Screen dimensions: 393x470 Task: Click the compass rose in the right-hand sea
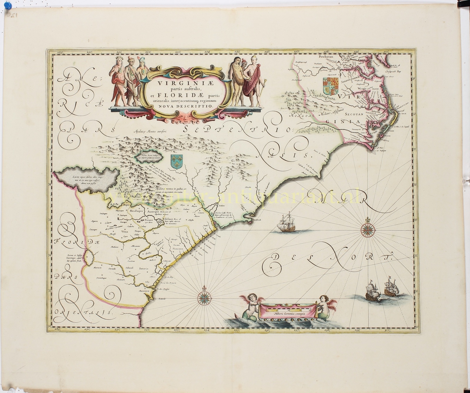click(x=367, y=229)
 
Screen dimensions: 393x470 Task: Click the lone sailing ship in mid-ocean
click(x=286, y=223)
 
